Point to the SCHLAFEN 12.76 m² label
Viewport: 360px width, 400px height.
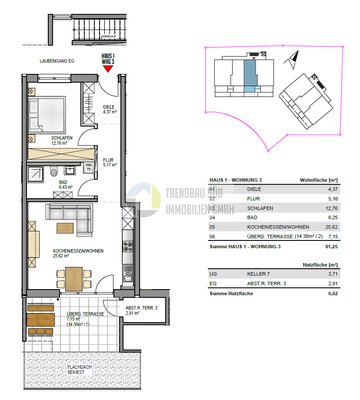[x=45, y=141]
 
